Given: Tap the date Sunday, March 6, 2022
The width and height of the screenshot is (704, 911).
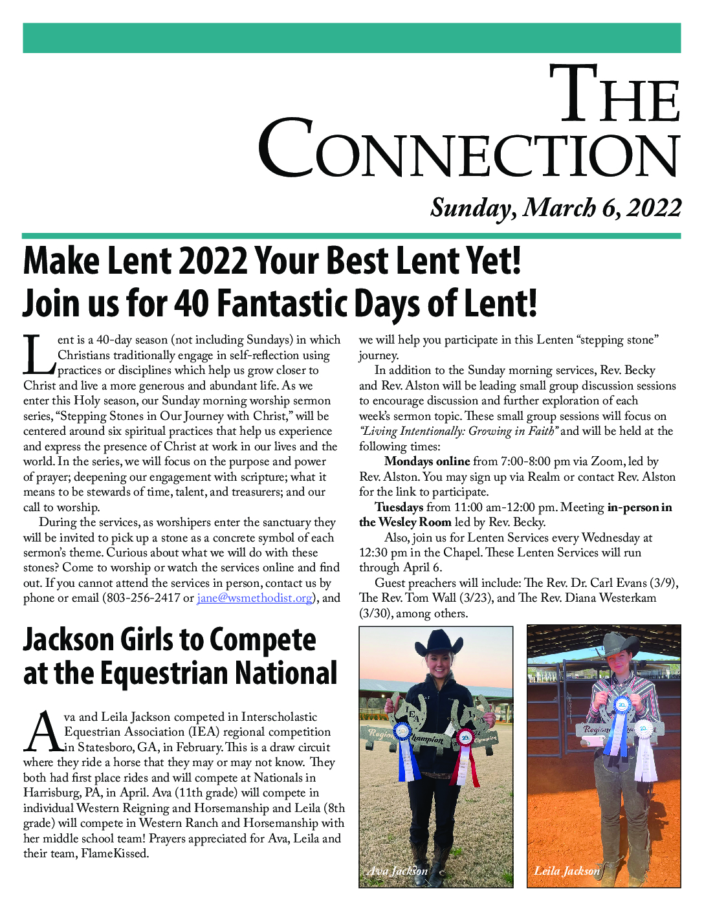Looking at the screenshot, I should coord(556,208).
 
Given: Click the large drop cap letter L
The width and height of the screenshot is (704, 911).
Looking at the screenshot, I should coord(39,355).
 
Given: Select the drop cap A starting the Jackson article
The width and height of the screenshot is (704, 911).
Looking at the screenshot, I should coord(43,732).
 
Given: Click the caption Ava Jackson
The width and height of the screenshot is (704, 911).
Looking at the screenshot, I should coord(397,871).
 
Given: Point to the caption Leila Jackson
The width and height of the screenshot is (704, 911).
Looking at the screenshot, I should coord(567,871).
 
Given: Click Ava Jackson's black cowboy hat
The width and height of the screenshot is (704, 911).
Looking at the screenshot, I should coord(439,644).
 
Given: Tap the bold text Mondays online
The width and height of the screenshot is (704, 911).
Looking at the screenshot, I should coord(426,462).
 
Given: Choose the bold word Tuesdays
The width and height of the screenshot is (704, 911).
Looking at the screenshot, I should coord(399,507).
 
